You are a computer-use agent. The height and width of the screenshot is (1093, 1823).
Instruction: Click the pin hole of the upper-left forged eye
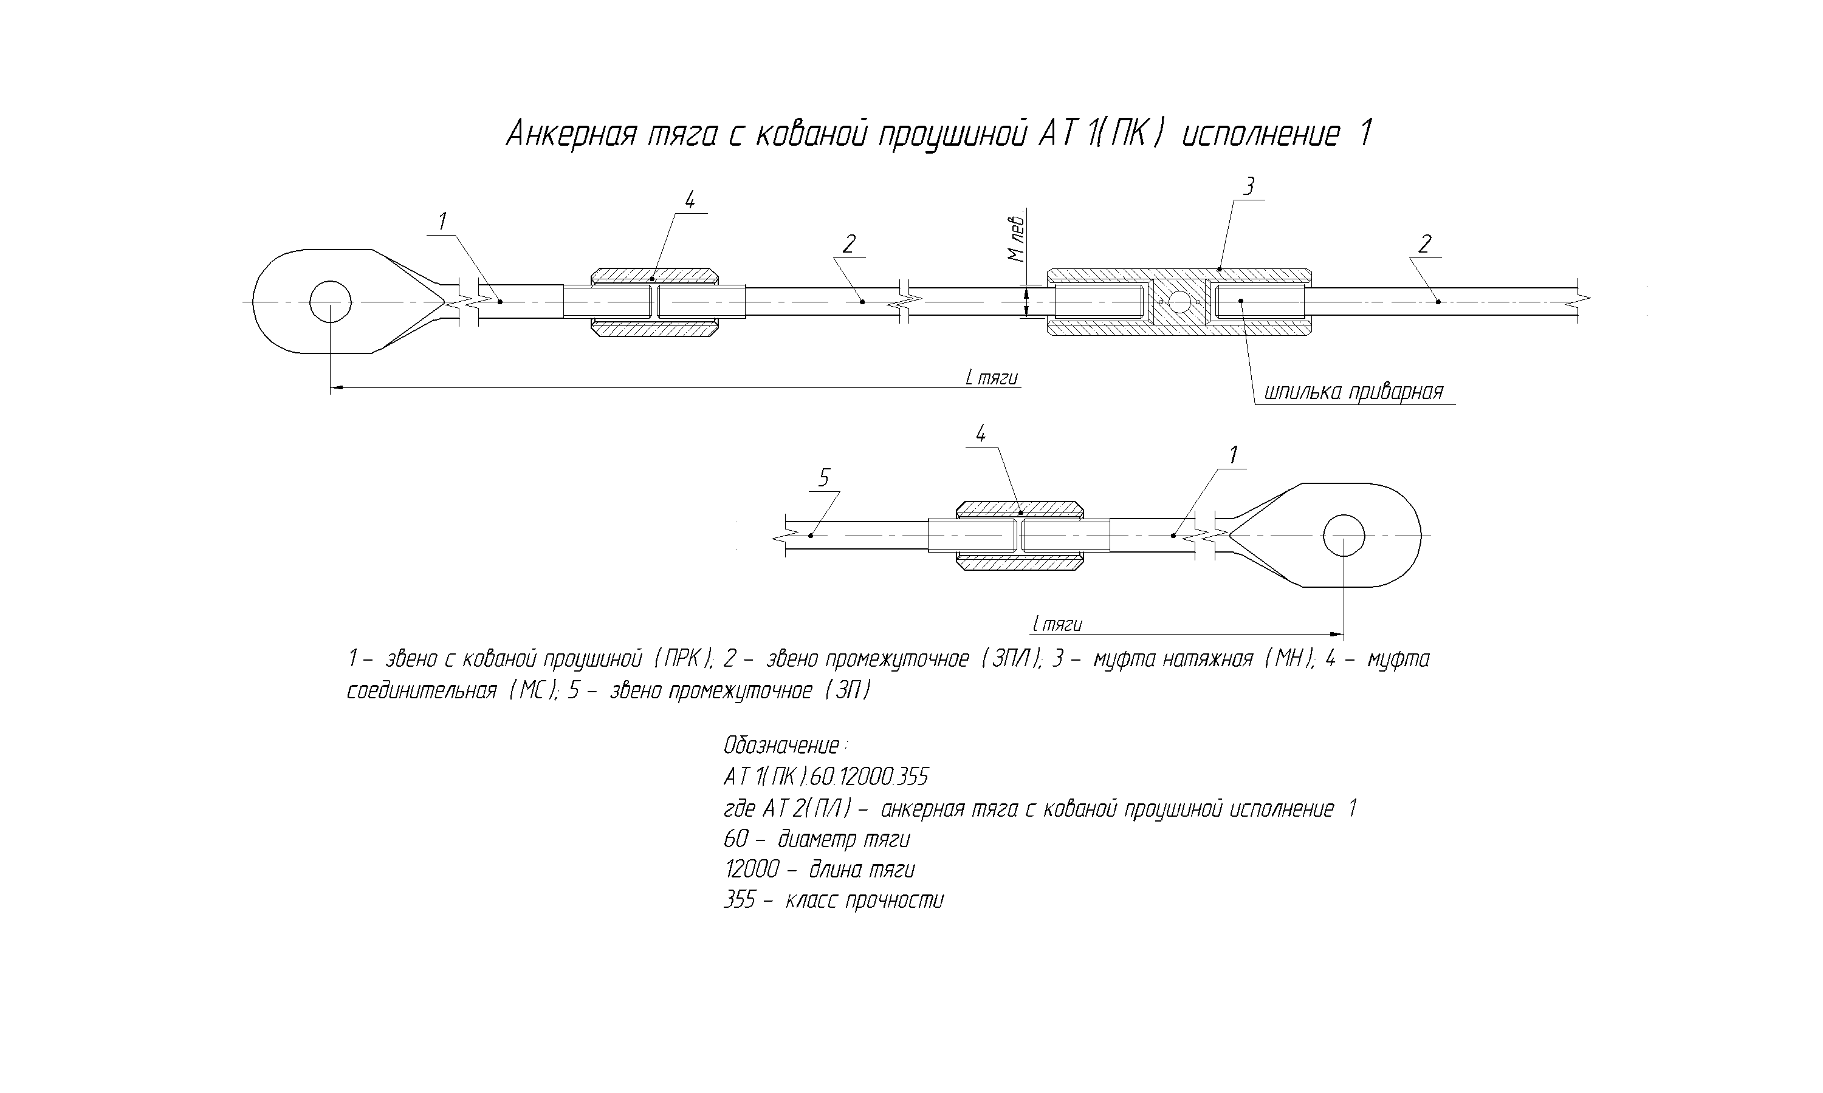coord(330,301)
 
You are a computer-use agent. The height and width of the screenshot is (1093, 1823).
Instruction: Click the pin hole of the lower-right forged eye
coord(1344,536)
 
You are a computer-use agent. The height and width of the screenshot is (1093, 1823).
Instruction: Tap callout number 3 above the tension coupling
coord(1248,186)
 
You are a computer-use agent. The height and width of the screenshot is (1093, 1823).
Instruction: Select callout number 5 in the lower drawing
coord(824,478)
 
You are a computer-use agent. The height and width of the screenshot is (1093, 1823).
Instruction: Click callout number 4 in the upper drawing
coord(690,200)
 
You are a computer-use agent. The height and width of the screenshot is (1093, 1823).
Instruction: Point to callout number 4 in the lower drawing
coord(981,435)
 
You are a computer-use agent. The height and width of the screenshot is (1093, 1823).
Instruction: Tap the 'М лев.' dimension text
coord(1016,239)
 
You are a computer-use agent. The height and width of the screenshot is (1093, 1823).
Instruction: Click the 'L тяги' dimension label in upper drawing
coord(991,378)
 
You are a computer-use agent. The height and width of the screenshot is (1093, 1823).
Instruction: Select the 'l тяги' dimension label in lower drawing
coord(1057,625)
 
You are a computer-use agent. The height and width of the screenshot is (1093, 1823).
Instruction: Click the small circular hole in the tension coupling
coord(1179,302)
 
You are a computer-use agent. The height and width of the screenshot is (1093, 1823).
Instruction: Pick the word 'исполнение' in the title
coord(1260,135)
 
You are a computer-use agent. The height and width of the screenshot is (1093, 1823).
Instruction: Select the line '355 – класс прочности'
coord(833,900)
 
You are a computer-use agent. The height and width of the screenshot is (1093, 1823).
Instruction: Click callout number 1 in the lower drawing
coord(1234,456)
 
